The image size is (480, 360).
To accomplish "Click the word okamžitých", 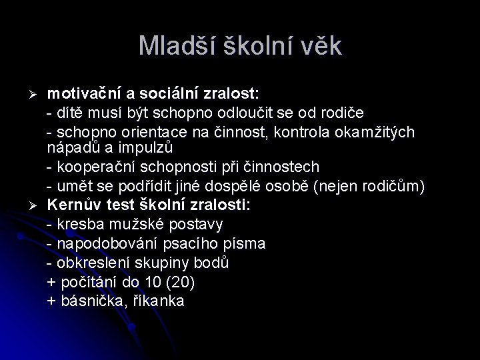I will [377, 131].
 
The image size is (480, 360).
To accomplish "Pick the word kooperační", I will [91, 166].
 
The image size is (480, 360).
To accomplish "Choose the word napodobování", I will [104, 243].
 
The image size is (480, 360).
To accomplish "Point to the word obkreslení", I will [93, 263].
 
